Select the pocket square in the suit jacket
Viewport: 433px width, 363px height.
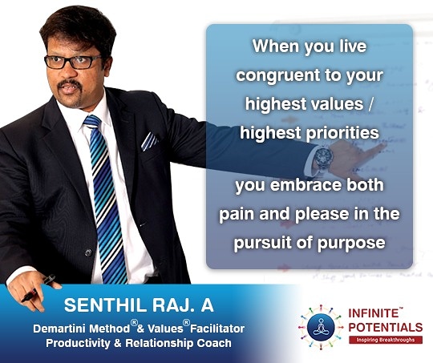click(x=149, y=141)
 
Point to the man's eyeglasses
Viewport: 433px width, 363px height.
click(x=72, y=62)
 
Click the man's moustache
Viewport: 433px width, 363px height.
click(x=70, y=84)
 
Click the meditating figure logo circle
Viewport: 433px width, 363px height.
click(x=321, y=327)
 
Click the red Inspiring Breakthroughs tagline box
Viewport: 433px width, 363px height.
click(x=386, y=340)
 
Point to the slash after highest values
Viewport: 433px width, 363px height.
click(x=370, y=104)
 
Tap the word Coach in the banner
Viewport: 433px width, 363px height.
click(x=214, y=343)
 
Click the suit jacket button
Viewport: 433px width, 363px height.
click(x=88, y=252)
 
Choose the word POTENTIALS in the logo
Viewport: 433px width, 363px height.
click(x=386, y=327)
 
